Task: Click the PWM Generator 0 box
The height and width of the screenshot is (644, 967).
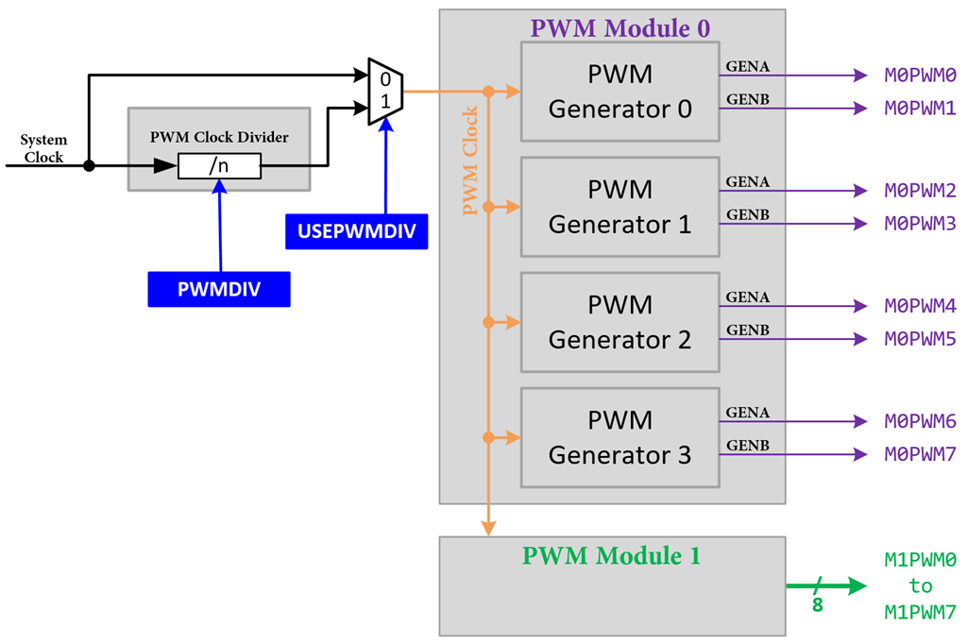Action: (619, 91)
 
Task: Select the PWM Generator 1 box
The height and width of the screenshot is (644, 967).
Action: (619, 207)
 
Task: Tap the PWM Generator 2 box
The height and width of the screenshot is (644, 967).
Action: (619, 322)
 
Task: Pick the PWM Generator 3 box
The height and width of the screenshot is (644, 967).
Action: (619, 437)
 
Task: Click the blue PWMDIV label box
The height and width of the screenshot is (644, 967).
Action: (218, 289)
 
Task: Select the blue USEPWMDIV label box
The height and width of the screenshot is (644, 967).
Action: (356, 231)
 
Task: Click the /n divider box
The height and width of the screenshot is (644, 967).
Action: (219, 166)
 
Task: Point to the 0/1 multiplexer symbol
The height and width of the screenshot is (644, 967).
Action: (385, 91)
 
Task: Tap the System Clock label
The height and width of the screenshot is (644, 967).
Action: (43, 148)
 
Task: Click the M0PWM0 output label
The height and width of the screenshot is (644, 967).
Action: (920, 75)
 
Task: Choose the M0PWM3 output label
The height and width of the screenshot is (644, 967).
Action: (920, 224)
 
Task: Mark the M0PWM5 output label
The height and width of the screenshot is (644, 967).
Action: (920, 339)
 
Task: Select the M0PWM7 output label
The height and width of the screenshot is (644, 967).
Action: (920, 454)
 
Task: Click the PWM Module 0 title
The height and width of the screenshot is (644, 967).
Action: (619, 27)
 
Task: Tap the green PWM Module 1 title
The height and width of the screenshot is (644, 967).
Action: (611, 555)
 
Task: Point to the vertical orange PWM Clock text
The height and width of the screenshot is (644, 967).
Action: (469, 161)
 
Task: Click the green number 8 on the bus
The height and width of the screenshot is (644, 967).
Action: (818, 604)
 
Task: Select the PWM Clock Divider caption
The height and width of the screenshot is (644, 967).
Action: (219, 137)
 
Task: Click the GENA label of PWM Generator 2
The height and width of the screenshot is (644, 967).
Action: (747, 297)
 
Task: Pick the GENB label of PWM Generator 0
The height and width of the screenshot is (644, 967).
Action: (747, 99)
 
